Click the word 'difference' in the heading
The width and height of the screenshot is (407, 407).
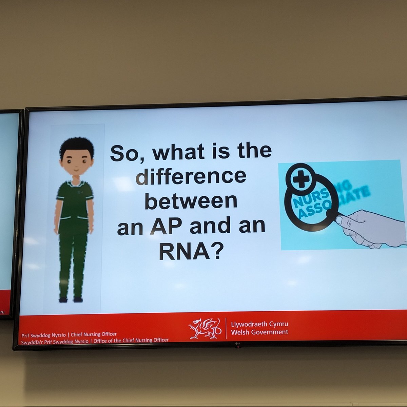(x=191, y=176)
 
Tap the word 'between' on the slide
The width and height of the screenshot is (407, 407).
(x=191, y=201)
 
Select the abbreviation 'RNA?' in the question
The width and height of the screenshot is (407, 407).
(x=191, y=251)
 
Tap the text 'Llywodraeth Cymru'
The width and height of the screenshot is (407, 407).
(x=259, y=324)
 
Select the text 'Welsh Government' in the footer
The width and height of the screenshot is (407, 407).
(x=259, y=332)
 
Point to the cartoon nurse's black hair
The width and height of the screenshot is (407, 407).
(x=77, y=146)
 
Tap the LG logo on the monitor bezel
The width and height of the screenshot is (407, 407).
(x=238, y=346)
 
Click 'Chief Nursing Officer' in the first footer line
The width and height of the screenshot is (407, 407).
(x=94, y=334)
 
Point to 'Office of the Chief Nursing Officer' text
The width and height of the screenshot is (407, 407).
(x=131, y=340)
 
